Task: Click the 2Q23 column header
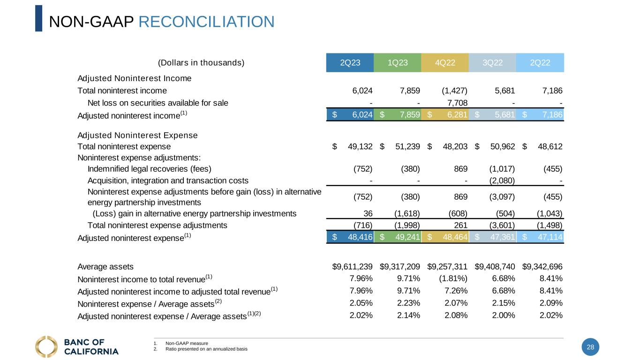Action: pos(350,63)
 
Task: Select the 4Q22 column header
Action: pos(444,63)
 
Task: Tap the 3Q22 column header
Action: pos(492,63)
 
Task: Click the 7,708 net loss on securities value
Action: pos(455,103)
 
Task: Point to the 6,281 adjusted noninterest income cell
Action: pos(455,114)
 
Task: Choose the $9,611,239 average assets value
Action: pos(352,267)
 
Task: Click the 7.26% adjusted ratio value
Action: pos(456,291)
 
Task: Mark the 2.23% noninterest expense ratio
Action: pos(408,303)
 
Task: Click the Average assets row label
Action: pos(105,267)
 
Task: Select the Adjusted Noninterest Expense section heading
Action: pos(137,135)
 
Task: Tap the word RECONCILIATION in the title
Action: pos(207,22)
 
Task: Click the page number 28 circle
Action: pos(590,347)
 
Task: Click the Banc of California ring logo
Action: pos(46,346)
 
